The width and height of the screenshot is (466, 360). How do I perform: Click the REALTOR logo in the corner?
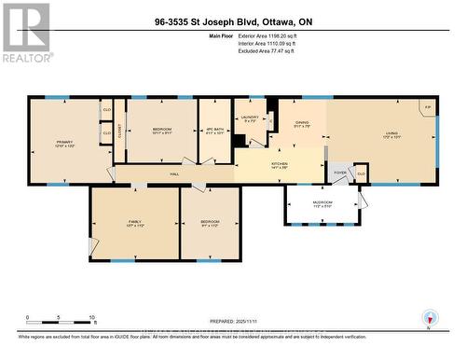[x=25, y=32]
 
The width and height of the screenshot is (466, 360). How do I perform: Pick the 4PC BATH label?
[x=213, y=132]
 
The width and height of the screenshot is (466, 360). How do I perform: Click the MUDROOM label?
[x=322, y=203]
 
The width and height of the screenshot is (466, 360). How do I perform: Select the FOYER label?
[x=340, y=173]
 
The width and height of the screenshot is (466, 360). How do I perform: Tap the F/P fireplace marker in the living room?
[x=427, y=107]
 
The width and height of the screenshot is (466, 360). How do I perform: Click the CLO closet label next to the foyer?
[x=361, y=173]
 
